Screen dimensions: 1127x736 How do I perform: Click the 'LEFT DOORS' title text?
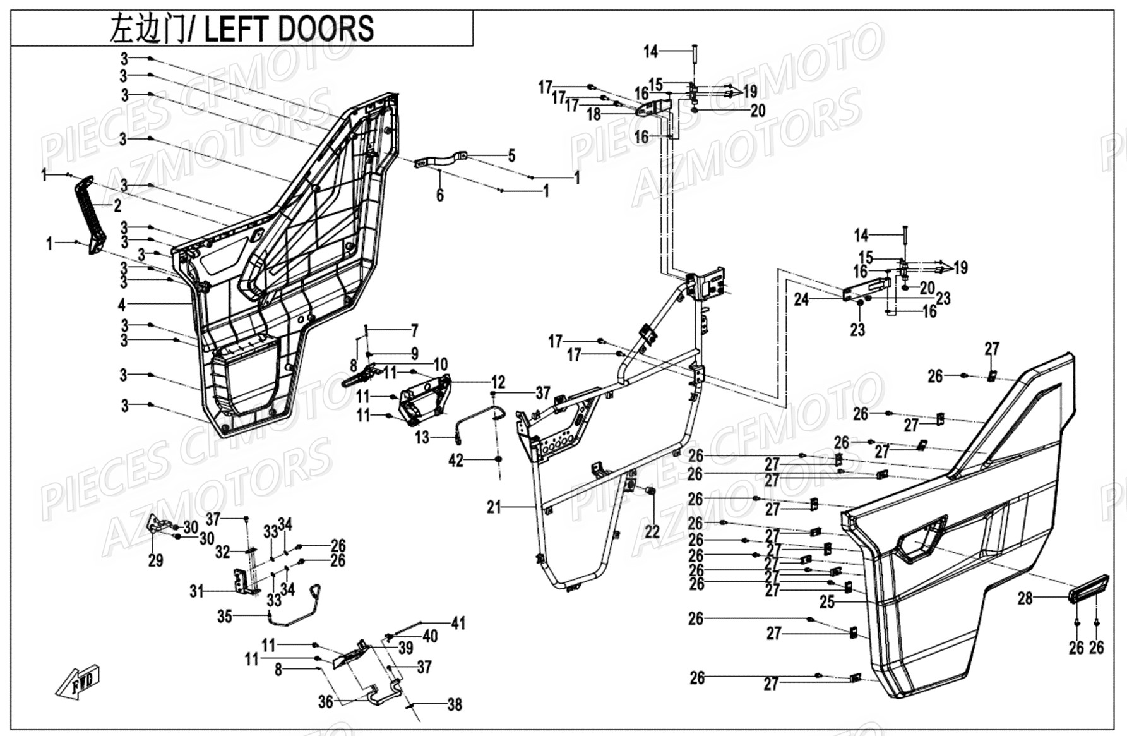[289, 28]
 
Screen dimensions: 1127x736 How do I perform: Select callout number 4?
[122, 305]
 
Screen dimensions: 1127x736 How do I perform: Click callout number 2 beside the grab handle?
[117, 206]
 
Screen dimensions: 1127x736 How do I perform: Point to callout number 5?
[511, 155]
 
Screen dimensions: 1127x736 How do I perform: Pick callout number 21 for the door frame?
[494, 507]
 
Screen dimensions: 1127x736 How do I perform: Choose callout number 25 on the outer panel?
[827, 602]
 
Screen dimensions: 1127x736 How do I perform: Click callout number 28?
[1025, 597]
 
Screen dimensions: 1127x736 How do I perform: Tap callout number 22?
[652, 532]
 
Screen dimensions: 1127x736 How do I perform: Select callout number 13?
[422, 437]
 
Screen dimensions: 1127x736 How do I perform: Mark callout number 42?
[456, 461]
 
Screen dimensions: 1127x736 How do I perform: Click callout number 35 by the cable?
[225, 616]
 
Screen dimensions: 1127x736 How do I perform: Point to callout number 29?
[155, 560]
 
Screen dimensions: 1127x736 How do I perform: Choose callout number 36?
[325, 702]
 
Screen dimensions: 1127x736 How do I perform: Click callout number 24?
[801, 299]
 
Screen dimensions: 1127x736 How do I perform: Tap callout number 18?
[593, 114]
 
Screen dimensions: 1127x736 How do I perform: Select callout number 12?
[498, 382]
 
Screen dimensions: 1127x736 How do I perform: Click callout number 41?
[458, 623]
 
